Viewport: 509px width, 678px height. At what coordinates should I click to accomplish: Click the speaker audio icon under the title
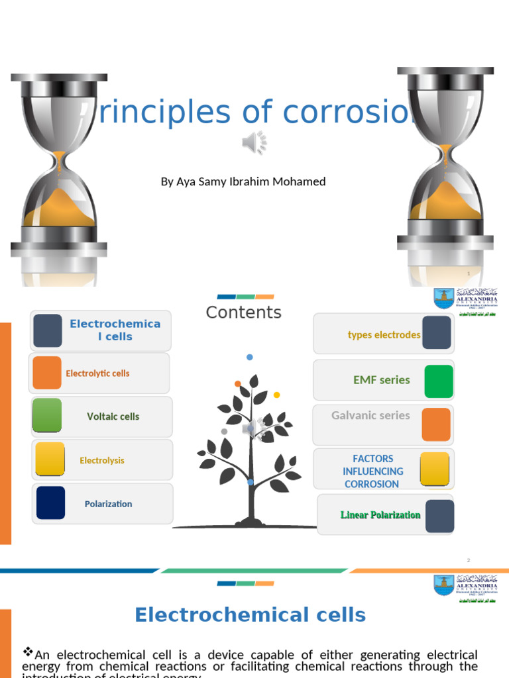tap(254, 142)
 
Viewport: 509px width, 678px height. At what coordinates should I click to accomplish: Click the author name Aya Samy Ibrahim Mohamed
tap(243, 181)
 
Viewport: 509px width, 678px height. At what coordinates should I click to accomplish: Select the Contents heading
tap(243, 313)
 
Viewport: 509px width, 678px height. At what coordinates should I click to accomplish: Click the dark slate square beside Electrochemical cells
tap(48, 330)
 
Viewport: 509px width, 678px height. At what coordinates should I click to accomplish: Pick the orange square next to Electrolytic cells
tap(47, 373)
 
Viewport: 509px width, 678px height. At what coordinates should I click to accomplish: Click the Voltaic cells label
tap(113, 416)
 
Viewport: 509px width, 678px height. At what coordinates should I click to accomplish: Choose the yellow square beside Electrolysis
tap(50, 460)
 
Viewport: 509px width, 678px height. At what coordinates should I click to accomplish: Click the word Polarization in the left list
tap(108, 504)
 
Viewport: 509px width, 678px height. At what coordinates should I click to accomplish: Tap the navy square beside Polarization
tap(50, 503)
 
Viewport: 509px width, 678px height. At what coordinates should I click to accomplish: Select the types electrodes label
tap(384, 335)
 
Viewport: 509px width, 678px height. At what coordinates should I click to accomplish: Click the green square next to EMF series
tap(438, 381)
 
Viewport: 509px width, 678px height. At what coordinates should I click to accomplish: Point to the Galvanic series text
tap(370, 416)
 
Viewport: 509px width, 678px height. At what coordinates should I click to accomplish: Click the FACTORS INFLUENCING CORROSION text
tap(372, 471)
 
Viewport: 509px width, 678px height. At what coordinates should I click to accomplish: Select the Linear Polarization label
tap(380, 515)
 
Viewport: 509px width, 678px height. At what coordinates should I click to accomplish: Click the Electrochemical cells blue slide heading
tap(250, 615)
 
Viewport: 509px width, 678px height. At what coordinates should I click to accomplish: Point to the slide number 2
tap(469, 561)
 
